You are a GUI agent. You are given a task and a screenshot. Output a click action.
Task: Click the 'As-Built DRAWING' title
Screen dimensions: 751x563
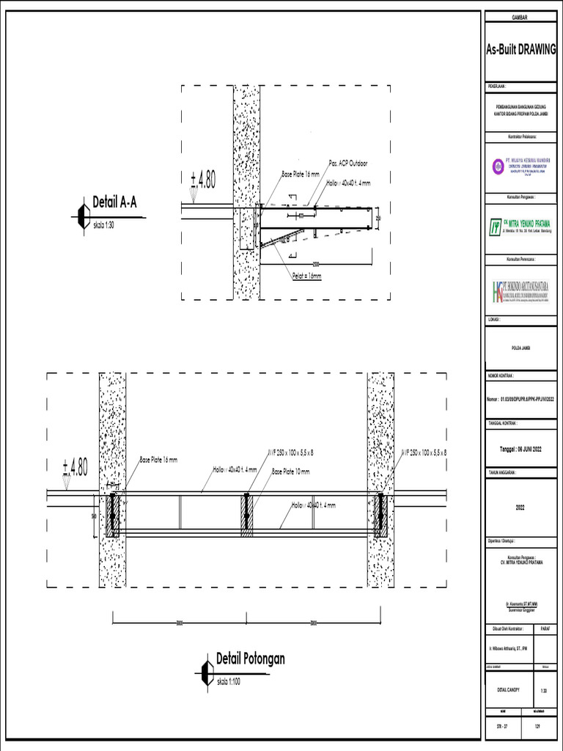(x=522, y=51)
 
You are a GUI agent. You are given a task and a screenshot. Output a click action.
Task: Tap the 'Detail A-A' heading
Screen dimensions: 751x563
(x=114, y=202)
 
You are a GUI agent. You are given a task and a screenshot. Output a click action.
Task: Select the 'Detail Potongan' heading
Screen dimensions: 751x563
(x=250, y=659)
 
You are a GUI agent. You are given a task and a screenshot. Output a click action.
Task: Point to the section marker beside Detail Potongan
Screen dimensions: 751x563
(x=205, y=671)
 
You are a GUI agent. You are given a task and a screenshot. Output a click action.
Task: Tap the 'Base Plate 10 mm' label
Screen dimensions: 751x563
(x=291, y=472)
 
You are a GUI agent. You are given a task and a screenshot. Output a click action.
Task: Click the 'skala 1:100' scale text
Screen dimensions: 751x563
(x=229, y=682)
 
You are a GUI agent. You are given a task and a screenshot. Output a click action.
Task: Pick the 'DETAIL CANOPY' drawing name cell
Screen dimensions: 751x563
(x=507, y=689)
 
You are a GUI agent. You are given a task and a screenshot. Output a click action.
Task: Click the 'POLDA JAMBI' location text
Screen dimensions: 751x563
(x=521, y=347)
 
